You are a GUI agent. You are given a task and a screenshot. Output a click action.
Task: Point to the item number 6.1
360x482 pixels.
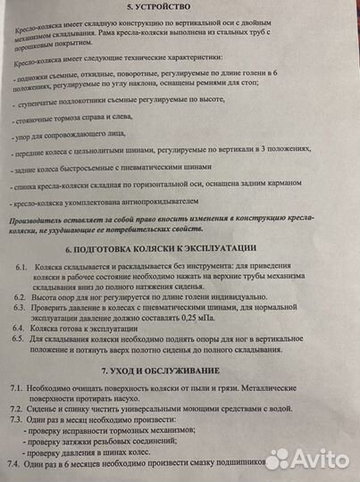(x=21, y=268)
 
